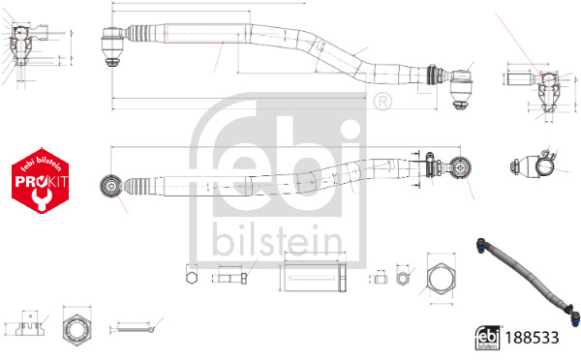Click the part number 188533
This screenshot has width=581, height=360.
[532, 338]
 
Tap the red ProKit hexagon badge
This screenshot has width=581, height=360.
[41, 181]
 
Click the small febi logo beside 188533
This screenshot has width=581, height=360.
[488, 338]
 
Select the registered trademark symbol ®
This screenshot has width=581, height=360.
[382, 101]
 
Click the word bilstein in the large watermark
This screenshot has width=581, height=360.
[277, 240]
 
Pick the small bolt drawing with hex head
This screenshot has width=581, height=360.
[229, 279]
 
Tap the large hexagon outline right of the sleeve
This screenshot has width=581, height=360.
[441, 280]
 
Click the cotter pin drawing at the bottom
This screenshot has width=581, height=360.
[134, 329]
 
